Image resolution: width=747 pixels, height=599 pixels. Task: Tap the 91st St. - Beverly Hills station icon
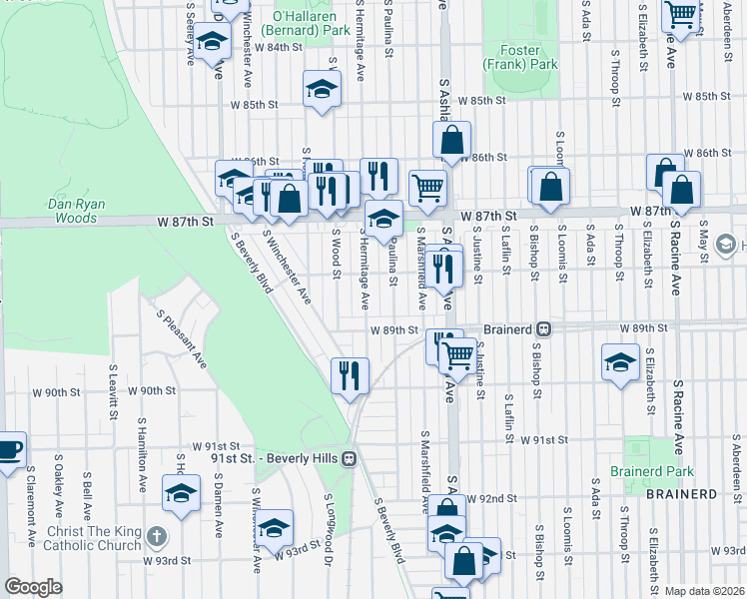pos(349,458)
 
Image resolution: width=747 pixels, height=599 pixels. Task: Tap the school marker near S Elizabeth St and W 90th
pos(620,361)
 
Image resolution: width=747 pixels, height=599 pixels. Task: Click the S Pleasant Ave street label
pos(181,338)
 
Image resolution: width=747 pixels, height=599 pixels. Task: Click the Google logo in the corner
pos(33,587)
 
